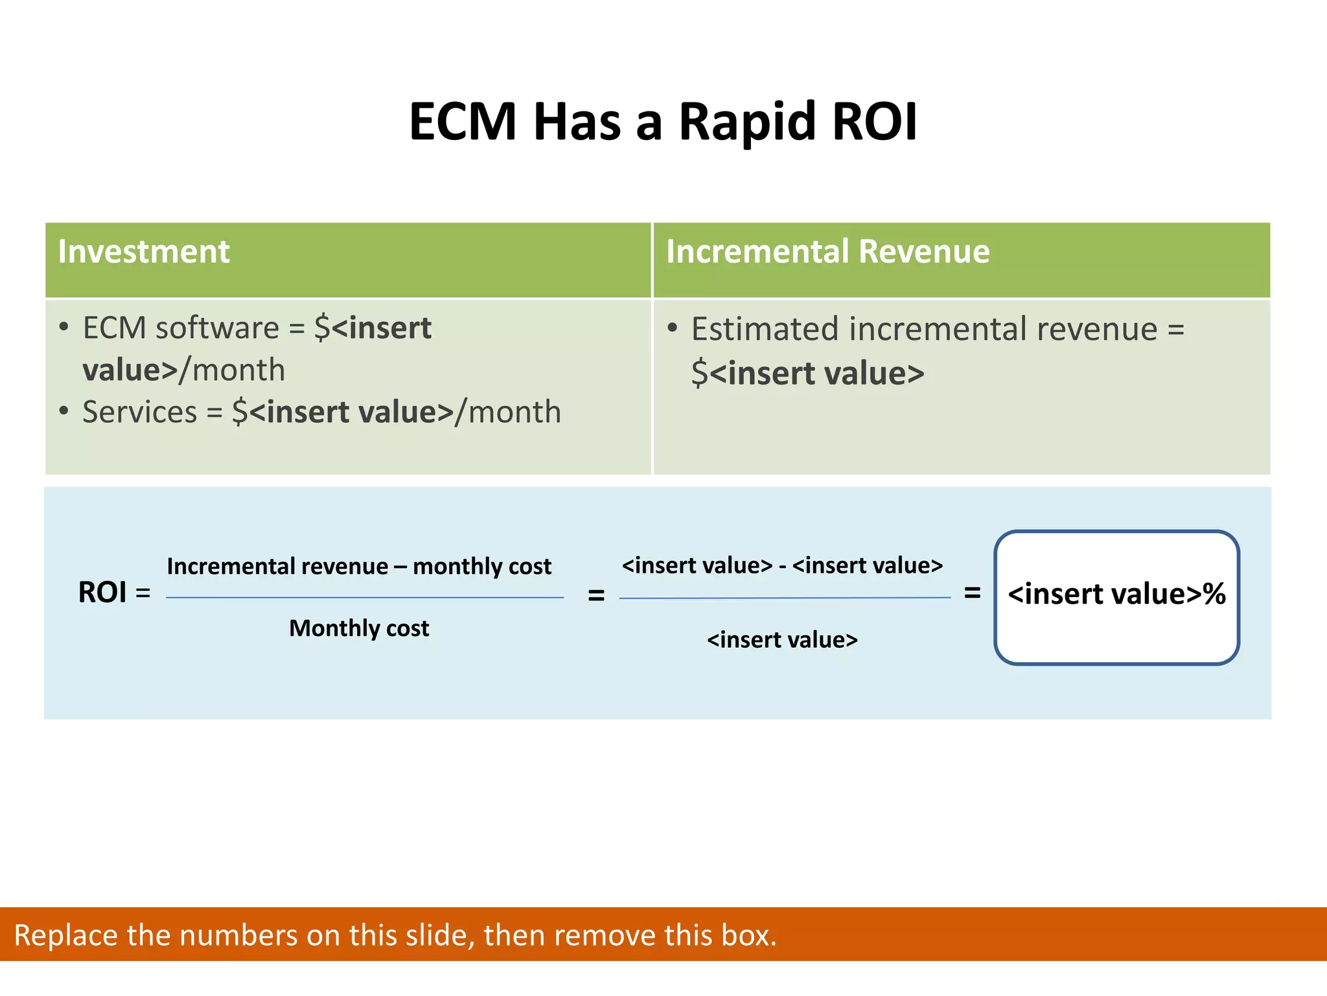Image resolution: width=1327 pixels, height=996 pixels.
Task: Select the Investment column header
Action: pyautogui.click(x=144, y=252)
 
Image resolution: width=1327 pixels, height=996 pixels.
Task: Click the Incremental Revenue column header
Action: pyautogui.click(x=827, y=252)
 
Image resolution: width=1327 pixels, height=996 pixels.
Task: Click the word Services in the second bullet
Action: pyautogui.click(x=140, y=412)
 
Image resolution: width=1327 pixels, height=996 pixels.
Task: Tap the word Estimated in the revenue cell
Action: pyautogui.click(x=765, y=329)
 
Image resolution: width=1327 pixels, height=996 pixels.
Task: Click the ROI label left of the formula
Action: pyautogui.click(x=102, y=593)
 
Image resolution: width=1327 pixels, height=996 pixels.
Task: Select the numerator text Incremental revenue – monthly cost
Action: pyautogui.click(x=359, y=567)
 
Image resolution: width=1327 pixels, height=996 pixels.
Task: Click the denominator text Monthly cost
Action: pyautogui.click(x=359, y=628)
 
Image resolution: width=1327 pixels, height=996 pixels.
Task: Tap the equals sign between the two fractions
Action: pyautogui.click(x=596, y=595)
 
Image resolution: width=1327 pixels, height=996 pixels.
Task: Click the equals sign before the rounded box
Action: pyautogui.click(x=972, y=592)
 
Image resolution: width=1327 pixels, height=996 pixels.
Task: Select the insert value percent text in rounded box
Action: pyautogui.click(x=1116, y=594)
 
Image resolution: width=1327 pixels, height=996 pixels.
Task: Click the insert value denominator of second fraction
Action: pyautogui.click(x=782, y=640)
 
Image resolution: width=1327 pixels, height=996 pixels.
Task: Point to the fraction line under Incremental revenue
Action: pyautogui.click(x=365, y=598)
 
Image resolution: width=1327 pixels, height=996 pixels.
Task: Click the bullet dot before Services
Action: pyautogui.click(x=63, y=411)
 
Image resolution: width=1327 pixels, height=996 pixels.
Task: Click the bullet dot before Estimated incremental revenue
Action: pyautogui.click(x=673, y=328)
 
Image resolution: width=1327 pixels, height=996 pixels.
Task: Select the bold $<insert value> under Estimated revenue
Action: pyautogui.click(x=807, y=373)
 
